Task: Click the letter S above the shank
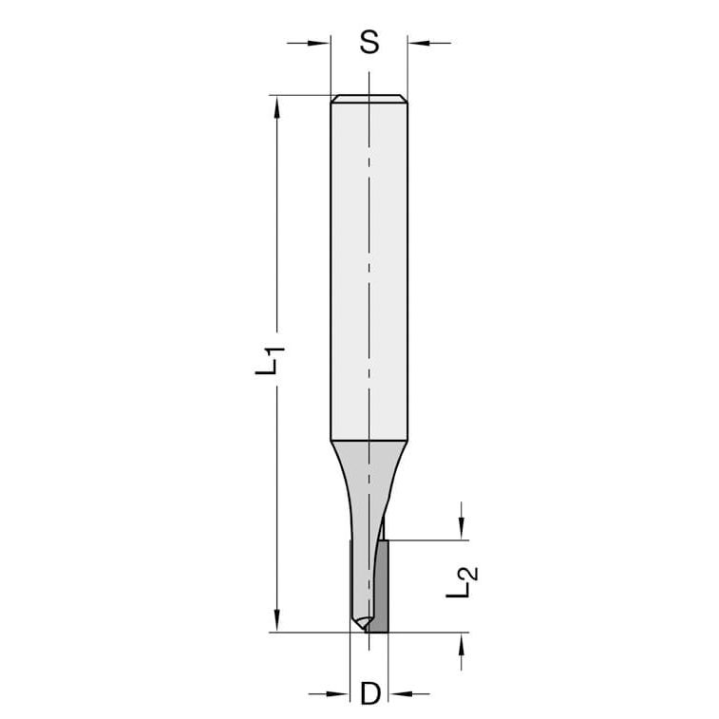click(369, 42)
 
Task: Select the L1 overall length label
click(271, 363)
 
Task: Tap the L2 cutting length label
click(462, 581)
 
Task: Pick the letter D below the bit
click(369, 694)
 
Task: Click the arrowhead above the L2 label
click(462, 530)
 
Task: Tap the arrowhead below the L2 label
click(462, 643)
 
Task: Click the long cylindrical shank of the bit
click(369, 266)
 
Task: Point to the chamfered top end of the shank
click(369, 99)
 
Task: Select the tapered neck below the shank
click(369, 475)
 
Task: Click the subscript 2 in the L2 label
click(471, 573)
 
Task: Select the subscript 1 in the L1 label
click(278, 354)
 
